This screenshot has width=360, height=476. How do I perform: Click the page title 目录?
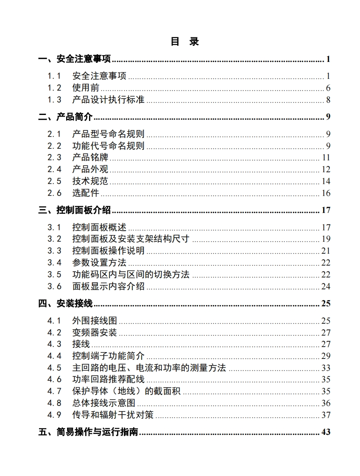pyautogui.click(x=184, y=41)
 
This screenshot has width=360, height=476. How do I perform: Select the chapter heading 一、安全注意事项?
pyautogui.click(x=75, y=59)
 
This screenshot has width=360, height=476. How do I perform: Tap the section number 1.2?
pyautogui.click(x=54, y=88)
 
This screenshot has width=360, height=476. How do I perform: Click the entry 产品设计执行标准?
pyautogui.click(x=108, y=100)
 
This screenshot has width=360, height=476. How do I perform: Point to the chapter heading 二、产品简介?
pyautogui.click(x=66, y=117)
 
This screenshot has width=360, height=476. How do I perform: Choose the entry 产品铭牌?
pyautogui.click(x=90, y=157)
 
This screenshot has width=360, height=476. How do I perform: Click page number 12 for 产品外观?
pyautogui.click(x=326, y=169)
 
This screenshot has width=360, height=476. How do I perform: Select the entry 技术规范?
pyautogui.click(x=90, y=181)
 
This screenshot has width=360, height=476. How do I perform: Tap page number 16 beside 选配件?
pyautogui.click(x=326, y=193)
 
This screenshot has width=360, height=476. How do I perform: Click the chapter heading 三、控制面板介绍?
pyautogui.click(x=75, y=210)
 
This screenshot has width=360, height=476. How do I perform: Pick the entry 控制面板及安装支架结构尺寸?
pyautogui.click(x=131, y=239)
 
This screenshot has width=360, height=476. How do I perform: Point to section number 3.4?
pyautogui.click(x=54, y=263)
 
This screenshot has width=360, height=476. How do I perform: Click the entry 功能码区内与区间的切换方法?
pyautogui.click(x=131, y=274)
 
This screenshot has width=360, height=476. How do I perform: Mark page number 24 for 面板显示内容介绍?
pyautogui.click(x=326, y=286)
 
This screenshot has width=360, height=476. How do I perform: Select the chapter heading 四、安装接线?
pyautogui.click(x=66, y=303)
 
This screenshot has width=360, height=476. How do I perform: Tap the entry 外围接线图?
pyautogui.click(x=95, y=321)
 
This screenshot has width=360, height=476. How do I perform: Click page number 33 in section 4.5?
pyautogui.click(x=326, y=368)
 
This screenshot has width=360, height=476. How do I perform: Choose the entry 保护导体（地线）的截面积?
pyautogui.click(x=126, y=391)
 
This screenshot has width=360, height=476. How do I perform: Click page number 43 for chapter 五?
pyautogui.click(x=326, y=432)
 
